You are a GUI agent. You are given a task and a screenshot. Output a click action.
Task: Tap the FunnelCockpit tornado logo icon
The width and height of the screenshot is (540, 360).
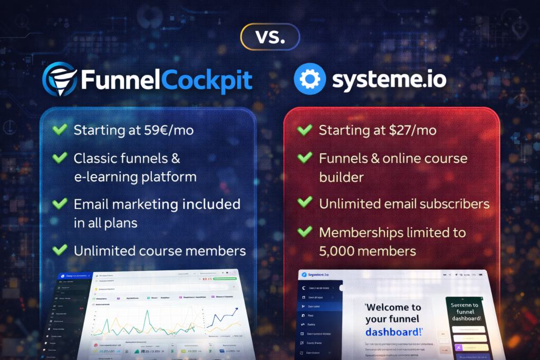[x=59, y=80]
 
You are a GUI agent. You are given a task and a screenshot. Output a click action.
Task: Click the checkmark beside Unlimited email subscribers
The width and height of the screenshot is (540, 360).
[x=304, y=203]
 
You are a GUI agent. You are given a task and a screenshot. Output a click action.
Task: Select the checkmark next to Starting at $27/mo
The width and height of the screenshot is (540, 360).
[x=304, y=130]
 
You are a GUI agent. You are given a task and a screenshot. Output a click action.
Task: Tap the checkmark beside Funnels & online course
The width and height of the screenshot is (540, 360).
[x=304, y=158]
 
